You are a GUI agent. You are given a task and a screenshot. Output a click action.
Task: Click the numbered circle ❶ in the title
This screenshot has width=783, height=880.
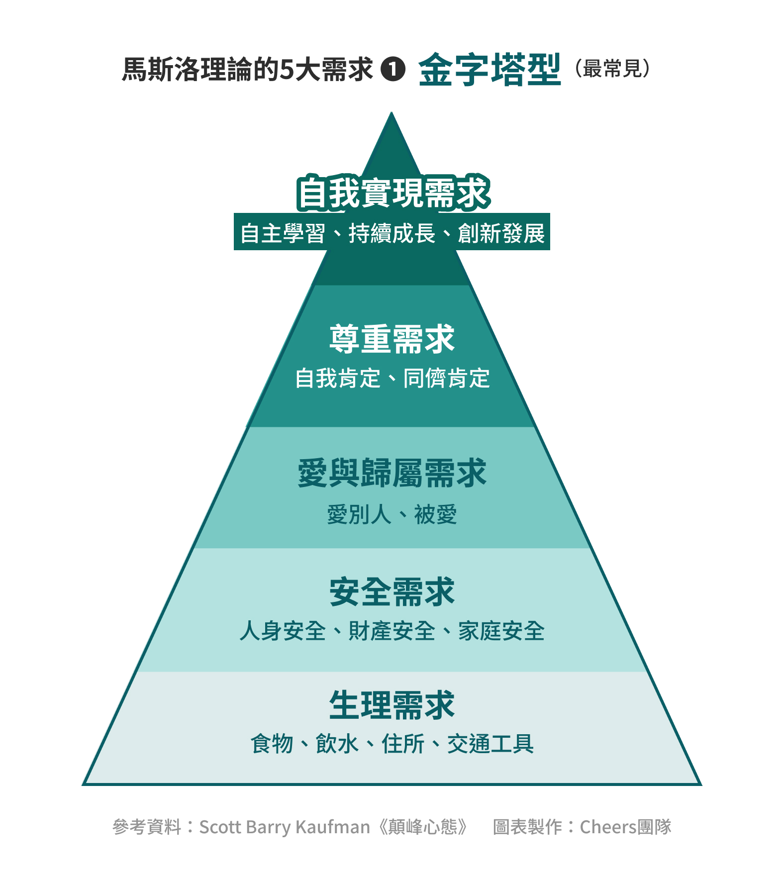point(393,69)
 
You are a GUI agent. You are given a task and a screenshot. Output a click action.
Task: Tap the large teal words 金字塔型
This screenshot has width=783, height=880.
point(489,70)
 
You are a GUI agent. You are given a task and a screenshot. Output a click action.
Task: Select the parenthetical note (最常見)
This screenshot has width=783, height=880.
point(612,69)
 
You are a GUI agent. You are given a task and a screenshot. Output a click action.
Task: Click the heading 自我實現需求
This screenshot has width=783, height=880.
point(393,193)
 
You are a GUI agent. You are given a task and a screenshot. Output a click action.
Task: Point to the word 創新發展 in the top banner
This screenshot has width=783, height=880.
point(501,233)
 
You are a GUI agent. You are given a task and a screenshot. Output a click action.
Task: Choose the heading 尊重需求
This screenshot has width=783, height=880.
point(392,339)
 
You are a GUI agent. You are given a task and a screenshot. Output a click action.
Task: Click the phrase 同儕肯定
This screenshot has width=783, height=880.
point(446,379)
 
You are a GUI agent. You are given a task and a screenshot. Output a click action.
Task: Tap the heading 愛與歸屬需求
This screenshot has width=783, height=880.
point(392,473)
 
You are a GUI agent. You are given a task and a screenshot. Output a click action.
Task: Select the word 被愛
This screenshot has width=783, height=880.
point(435,514)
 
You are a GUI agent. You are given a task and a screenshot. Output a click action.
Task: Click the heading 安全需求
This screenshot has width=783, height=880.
point(392,592)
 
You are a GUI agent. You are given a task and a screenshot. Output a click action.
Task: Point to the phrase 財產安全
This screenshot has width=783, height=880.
point(391,631)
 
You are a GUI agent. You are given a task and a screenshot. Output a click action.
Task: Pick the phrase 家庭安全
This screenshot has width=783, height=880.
point(501,631)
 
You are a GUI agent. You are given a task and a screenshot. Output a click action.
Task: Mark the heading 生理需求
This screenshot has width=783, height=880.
point(392,705)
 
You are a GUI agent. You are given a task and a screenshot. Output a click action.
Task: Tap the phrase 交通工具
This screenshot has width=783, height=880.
point(490,744)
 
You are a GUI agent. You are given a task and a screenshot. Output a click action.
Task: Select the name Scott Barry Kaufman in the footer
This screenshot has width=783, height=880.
point(285,827)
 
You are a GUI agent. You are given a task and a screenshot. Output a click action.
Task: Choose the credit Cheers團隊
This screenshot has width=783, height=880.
point(625,827)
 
